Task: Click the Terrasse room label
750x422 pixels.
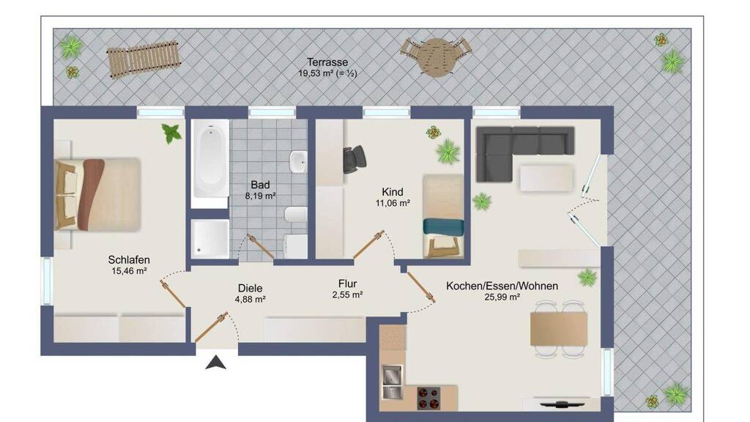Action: coord(327,62)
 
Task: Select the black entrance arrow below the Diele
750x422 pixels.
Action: coord(216,363)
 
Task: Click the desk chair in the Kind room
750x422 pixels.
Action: coord(354,158)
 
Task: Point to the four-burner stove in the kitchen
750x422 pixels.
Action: coord(428,398)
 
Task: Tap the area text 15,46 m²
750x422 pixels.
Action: coord(129,271)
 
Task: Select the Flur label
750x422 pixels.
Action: coord(348,284)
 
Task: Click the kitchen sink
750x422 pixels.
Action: coord(393,382)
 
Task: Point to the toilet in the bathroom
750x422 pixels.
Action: coord(296,214)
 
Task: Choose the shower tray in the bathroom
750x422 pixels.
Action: coord(210,239)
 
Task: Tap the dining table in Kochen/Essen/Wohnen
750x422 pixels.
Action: coord(559,328)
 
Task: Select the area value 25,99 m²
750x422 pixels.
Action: coord(502,297)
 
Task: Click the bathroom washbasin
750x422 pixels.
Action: coord(299,162)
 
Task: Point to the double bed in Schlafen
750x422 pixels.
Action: coord(98,194)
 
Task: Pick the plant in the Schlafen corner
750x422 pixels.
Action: coord(171,133)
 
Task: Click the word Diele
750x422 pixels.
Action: coord(250,288)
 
